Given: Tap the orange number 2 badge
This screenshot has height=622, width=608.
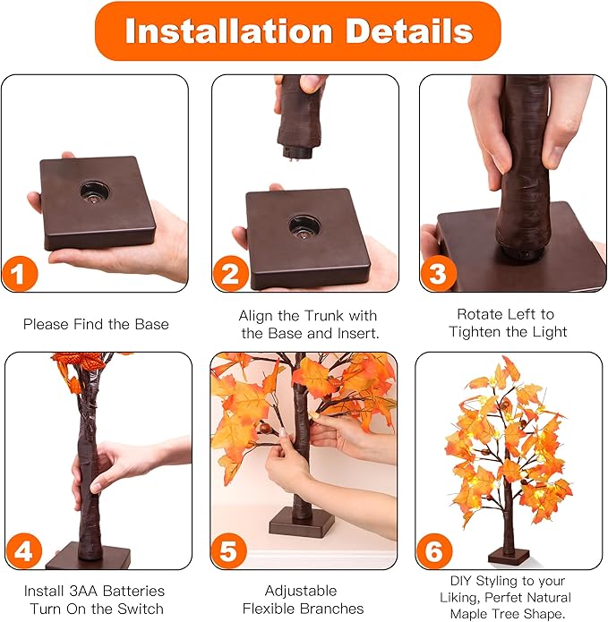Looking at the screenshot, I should (x=230, y=272).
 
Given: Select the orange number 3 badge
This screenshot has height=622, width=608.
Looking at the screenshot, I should (x=438, y=273).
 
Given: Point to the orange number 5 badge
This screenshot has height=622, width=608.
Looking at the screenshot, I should (x=230, y=550).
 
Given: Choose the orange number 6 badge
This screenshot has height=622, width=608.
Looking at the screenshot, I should (x=435, y=550).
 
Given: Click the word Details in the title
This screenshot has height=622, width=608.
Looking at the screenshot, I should (x=405, y=31).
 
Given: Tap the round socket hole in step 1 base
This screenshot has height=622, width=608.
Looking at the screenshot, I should (x=93, y=191).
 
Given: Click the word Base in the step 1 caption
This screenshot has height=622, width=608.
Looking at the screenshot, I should (x=150, y=324).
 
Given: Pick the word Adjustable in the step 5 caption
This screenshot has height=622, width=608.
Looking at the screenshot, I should (x=301, y=591).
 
